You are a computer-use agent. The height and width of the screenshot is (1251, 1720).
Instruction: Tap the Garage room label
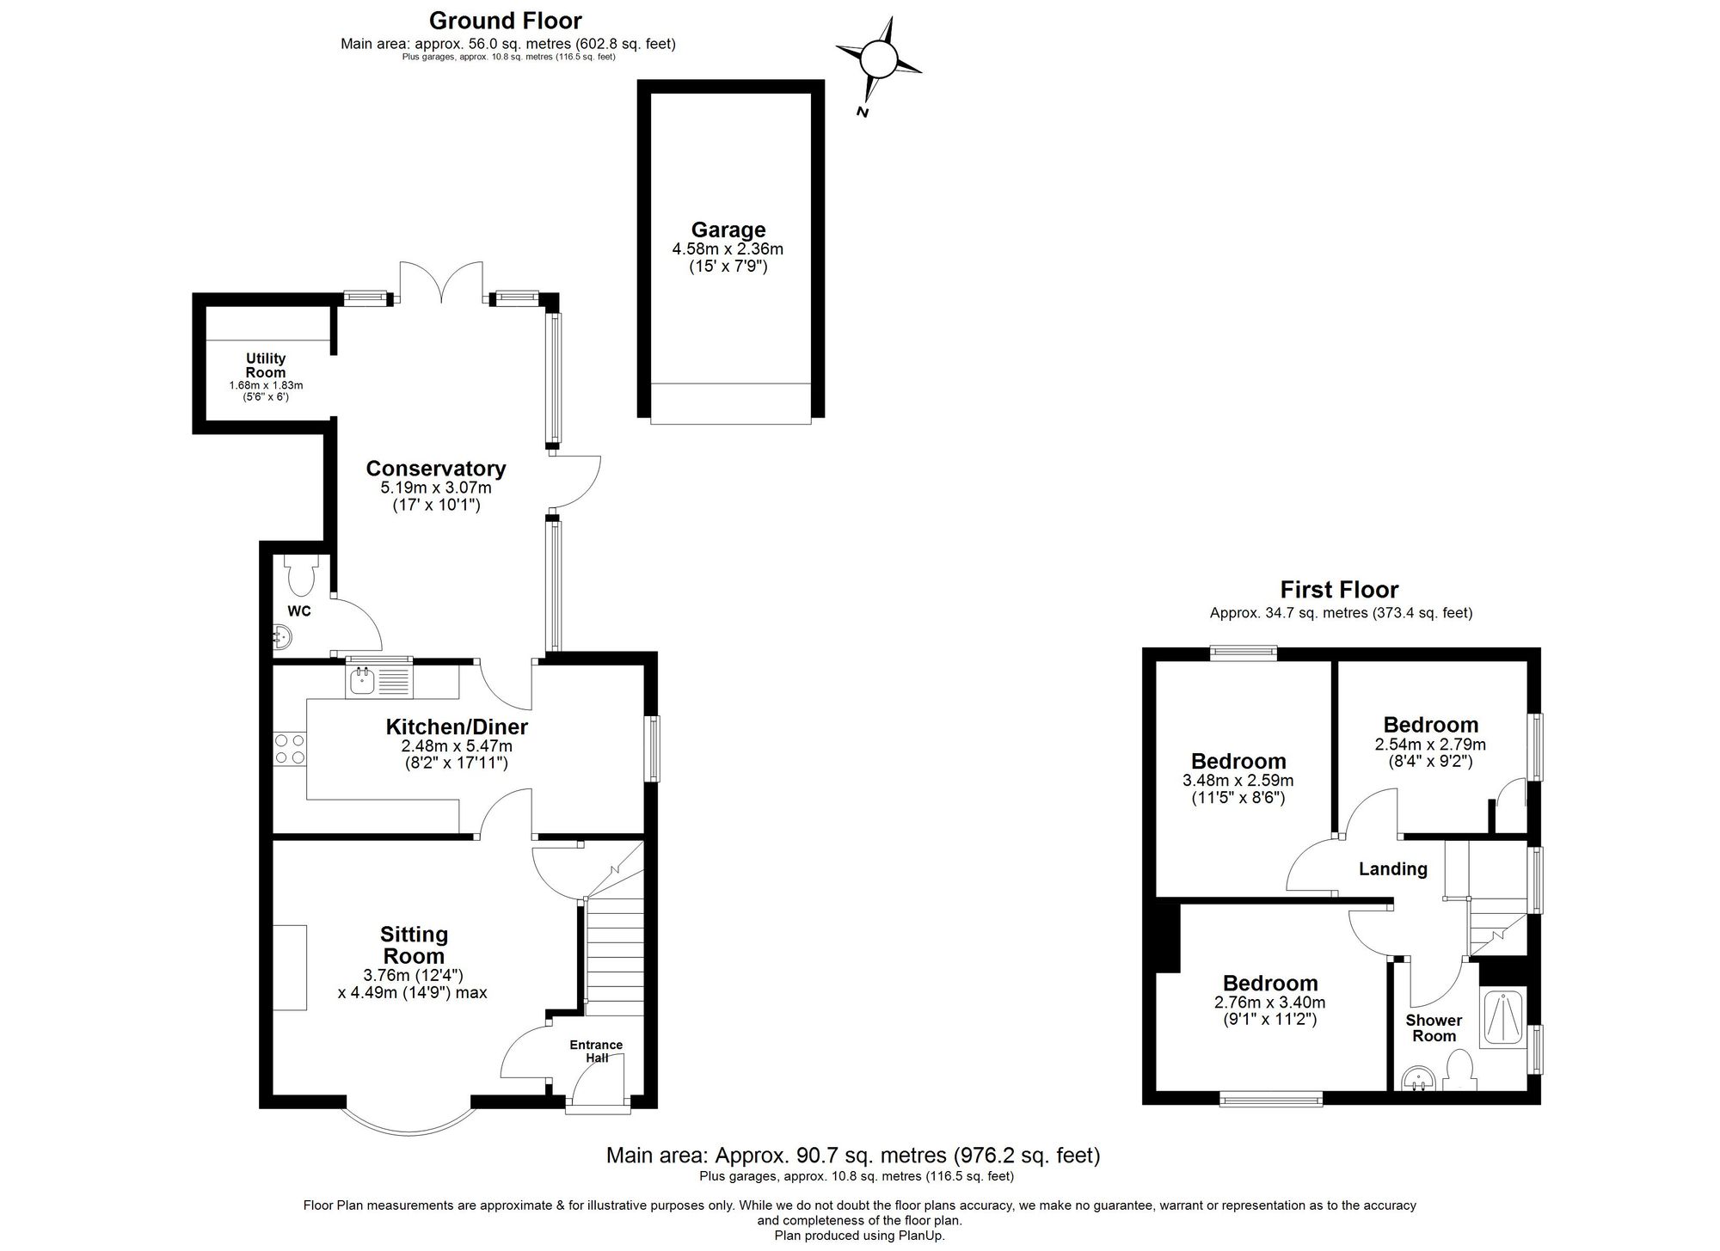tap(728, 230)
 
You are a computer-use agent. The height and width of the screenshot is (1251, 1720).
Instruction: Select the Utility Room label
tap(266, 365)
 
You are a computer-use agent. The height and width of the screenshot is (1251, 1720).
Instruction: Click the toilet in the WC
tap(300, 577)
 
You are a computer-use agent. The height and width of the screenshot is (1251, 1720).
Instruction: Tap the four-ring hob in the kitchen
tap(290, 748)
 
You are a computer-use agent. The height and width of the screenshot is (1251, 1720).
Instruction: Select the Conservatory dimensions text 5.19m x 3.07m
tap(435, 488)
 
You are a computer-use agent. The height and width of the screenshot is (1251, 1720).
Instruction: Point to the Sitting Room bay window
tap(408, 1123)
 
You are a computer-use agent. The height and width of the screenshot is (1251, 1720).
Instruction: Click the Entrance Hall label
tap(596, 1051)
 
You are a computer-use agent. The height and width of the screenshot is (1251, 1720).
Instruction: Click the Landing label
tap(1392, 869)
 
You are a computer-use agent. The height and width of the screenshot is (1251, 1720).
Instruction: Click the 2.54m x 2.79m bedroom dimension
tap(1430, 745)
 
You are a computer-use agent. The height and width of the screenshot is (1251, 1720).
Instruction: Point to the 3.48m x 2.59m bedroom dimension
tap(1238, 781)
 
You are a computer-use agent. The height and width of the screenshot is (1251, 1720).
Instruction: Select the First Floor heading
tap(1339, 590)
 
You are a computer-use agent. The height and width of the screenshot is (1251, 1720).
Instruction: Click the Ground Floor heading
tap(506, 21)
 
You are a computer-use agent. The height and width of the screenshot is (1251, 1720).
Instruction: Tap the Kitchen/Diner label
tap(457, 727)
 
